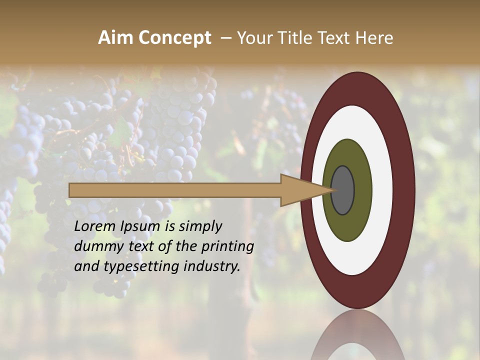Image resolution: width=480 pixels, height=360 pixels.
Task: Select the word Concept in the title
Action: tap(175, 38)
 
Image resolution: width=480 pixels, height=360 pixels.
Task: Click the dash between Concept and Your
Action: tap(225, 38)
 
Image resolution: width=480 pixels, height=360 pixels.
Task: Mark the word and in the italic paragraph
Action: tap(85, 266)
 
